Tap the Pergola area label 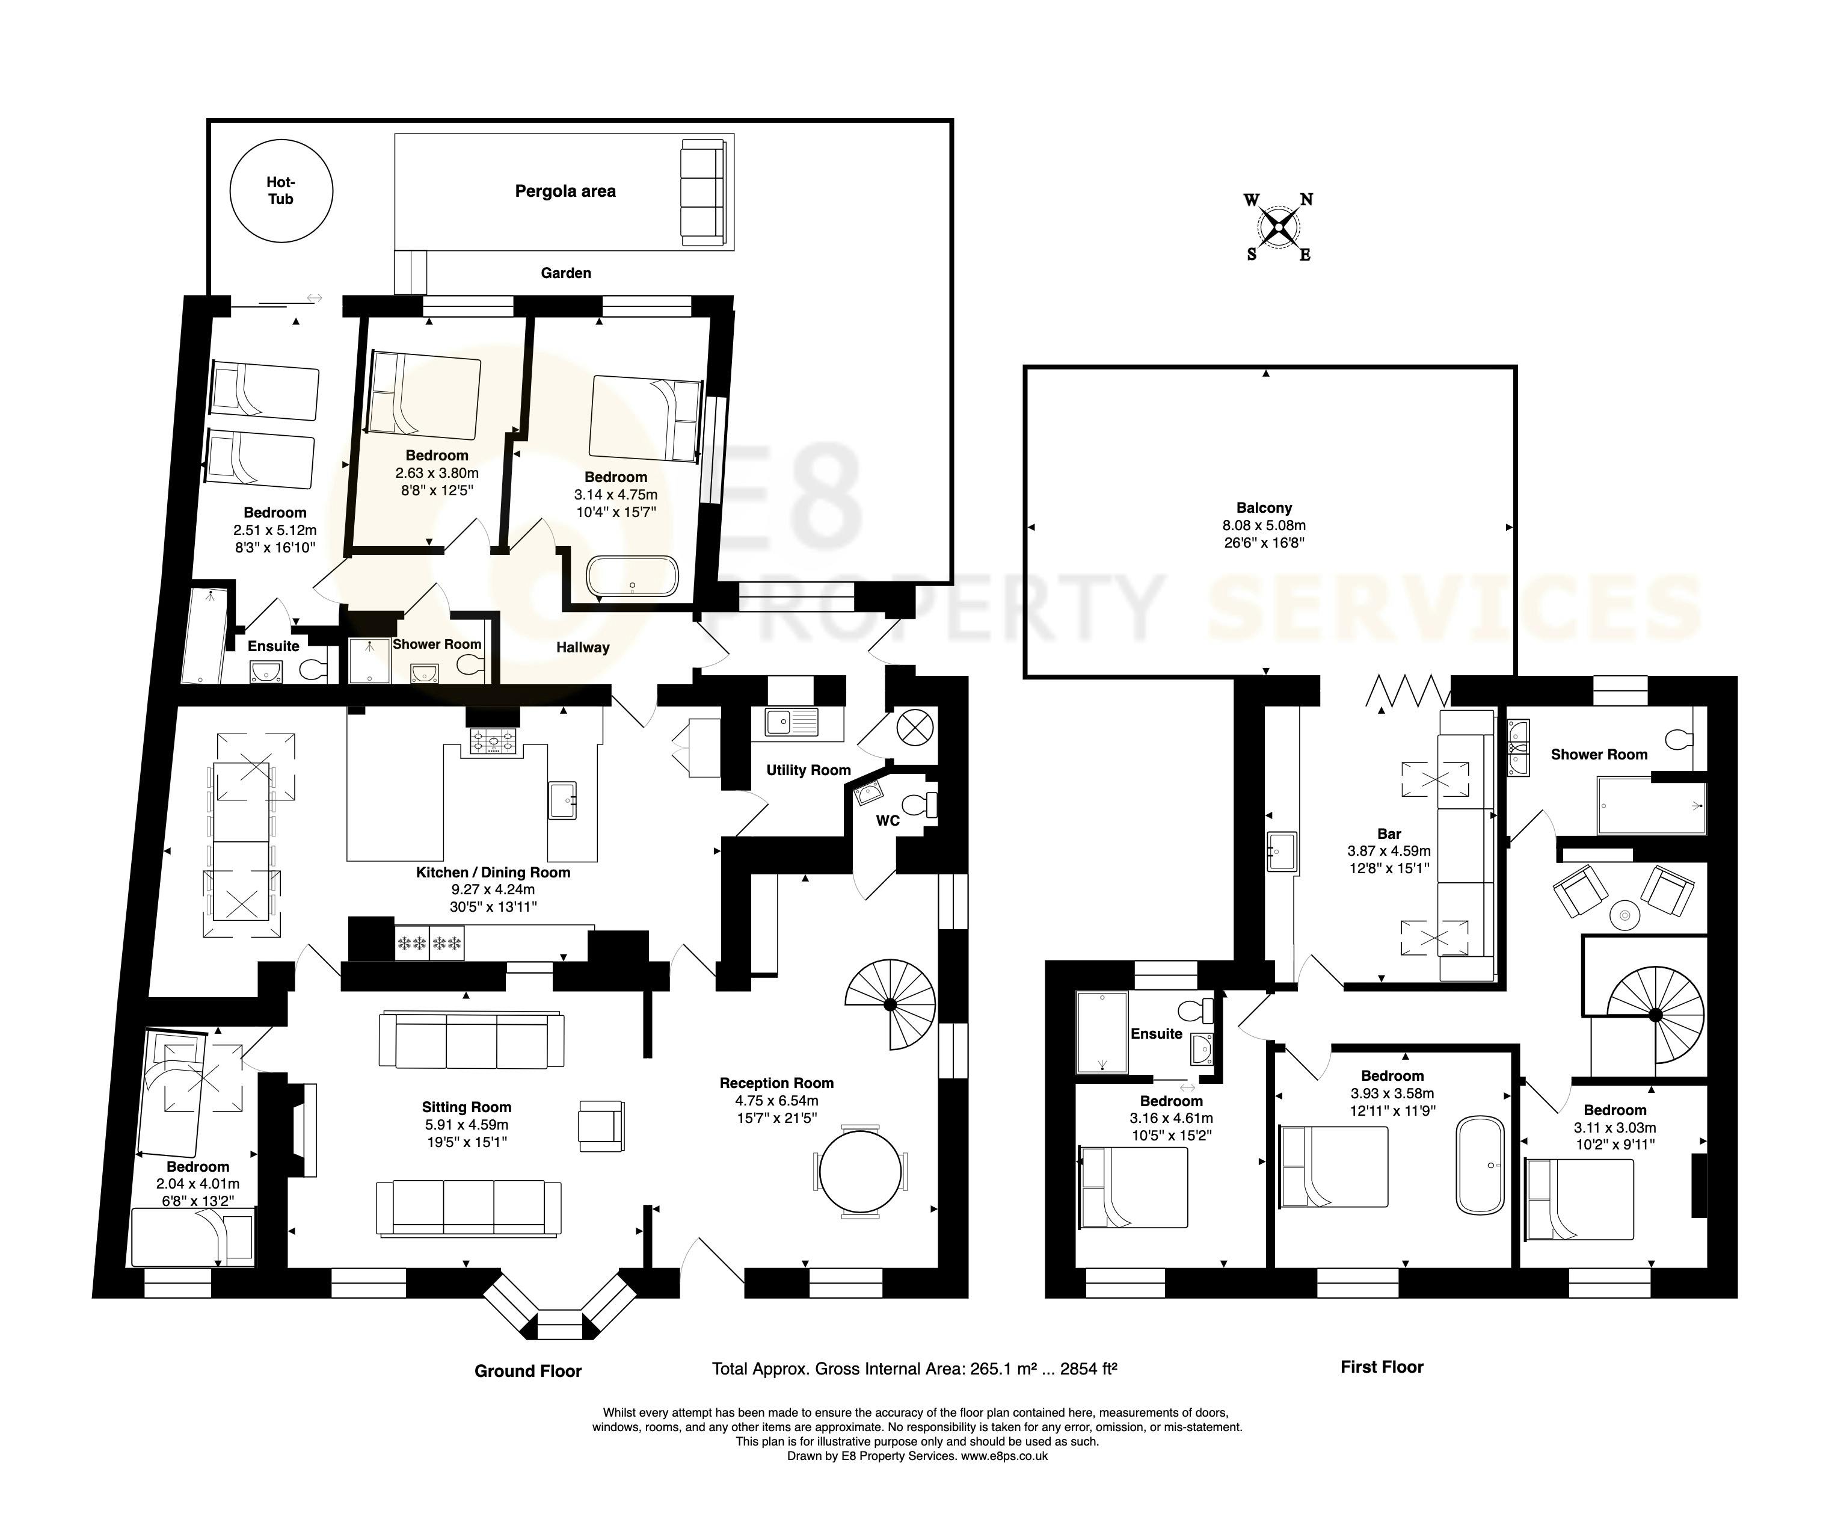pyautogui.click(x=565, y=191)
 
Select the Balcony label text pyautogui.click(x=1264, y=507)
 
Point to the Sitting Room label pyautogui.click(x=467, y=1107)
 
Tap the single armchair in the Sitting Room pyautogui.click(x=601, y=1124)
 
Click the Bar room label pyautogui.click(x=1389, y=833)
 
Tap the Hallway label pyautogui.click(x=583, y=647)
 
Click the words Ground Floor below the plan pyautogui.click(x=528, y=1371)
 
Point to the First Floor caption pyautogui.click(x=1382, y=1367)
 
